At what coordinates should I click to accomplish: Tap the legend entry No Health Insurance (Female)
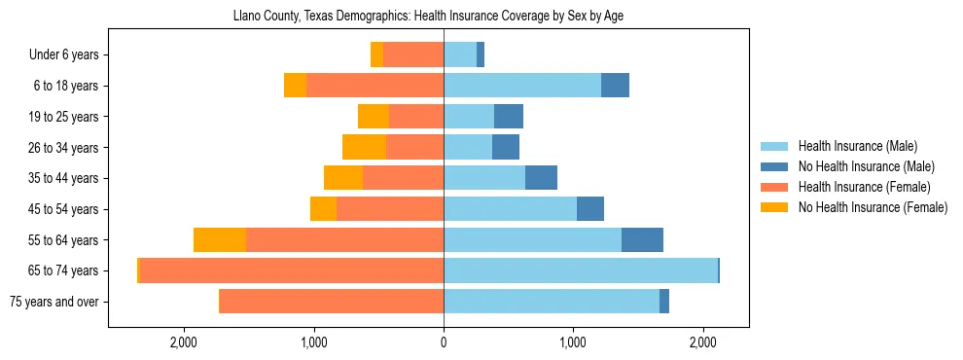(x=873, y=207)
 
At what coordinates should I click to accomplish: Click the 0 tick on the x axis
(x=444, y=342)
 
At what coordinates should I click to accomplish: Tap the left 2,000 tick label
(x=184, y=342)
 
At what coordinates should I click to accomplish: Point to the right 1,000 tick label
(x=573, y=342)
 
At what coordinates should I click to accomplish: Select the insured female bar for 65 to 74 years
(x=292, y=270)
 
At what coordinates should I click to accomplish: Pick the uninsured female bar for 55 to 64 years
(x=220, y=240)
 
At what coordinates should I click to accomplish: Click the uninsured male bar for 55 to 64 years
(x=642, y=240)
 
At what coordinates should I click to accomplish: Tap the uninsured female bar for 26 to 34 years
(x=364, y=148)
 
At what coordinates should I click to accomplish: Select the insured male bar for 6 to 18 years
(x=521, y=86)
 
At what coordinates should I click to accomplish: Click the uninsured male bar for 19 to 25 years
(x=509, y=117)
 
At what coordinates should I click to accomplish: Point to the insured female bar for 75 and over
(x=332, y=302)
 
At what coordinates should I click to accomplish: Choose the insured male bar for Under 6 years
(x=460, y=55)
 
